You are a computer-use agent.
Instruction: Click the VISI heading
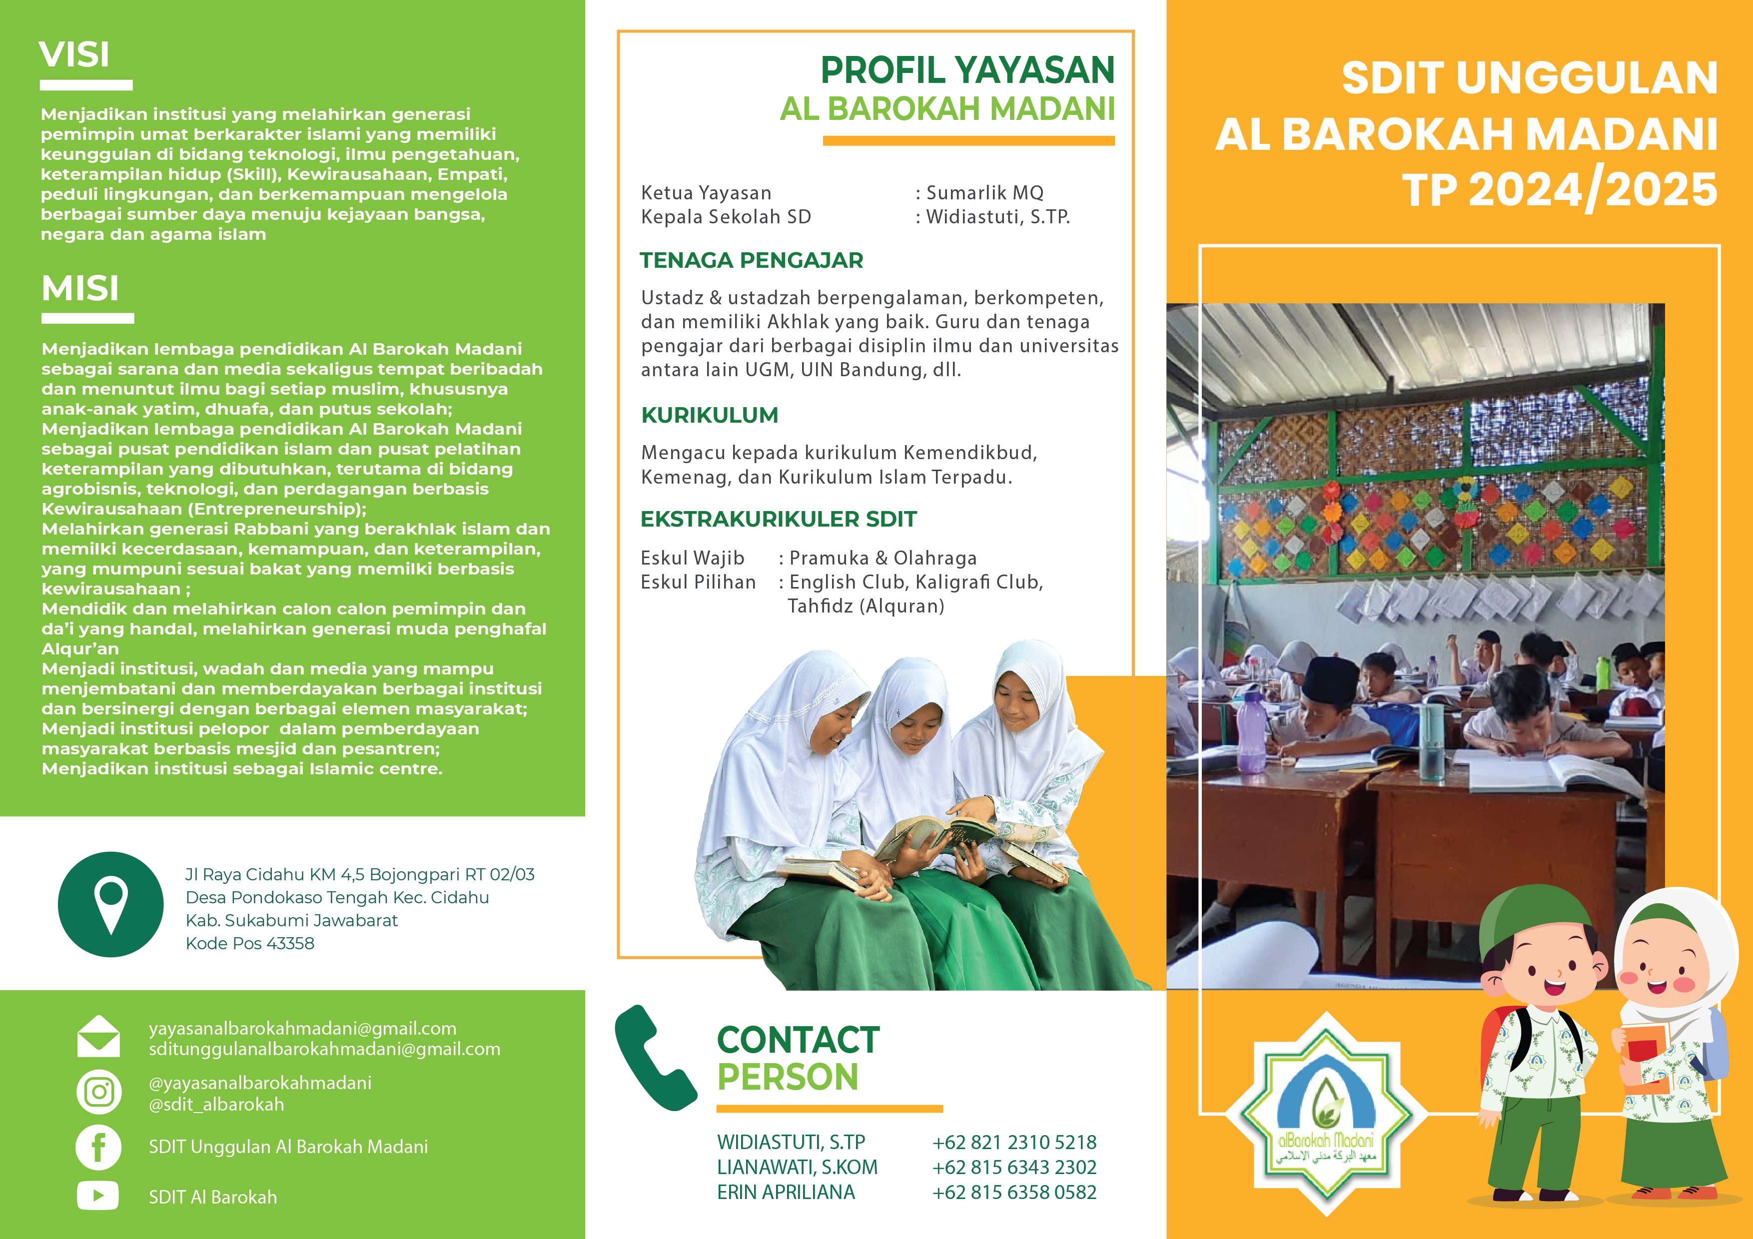74,55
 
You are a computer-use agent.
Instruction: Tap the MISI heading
80,289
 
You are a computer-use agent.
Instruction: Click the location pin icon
111,905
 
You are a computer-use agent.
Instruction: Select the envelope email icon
98,1037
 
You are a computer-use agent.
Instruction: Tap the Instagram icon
98,1092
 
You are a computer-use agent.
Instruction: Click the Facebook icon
98,1147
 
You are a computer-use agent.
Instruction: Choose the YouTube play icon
98,1196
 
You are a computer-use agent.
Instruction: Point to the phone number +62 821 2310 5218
1014,1142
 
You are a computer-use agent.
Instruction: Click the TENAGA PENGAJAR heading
751,260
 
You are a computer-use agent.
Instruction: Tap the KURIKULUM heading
709,415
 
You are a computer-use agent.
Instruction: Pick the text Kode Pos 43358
250,944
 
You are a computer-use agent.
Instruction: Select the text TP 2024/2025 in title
1560,190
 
